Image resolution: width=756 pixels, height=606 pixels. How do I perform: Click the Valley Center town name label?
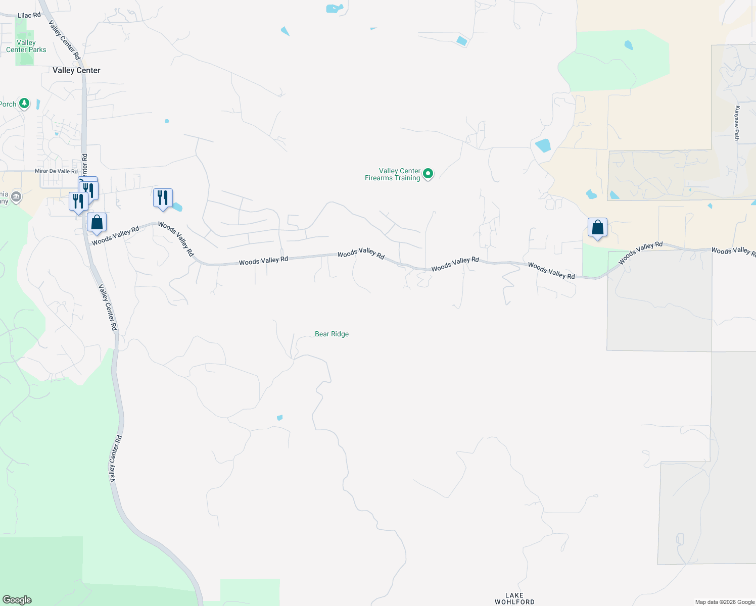coord(76,70)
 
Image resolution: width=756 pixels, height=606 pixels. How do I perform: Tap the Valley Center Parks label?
coord(26,46)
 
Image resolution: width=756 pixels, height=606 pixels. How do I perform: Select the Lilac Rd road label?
coord(29,15)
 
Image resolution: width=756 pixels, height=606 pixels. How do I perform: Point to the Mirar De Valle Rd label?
coord(56,171)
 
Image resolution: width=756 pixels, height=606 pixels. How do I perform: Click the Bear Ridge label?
coord(332,334)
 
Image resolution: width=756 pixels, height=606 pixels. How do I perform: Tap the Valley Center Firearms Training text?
coord(393,174)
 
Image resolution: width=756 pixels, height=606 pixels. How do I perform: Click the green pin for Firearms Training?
coord(428,174)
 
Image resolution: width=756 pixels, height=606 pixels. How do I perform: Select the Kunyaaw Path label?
coord(737,123)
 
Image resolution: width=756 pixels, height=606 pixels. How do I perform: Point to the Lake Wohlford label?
coord(514,598)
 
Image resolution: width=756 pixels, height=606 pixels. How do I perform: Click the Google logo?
coord(17,599)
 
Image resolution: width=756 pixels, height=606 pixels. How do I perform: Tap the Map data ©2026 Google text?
coord(725,602)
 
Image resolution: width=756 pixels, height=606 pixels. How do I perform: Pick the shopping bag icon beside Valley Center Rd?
coord(97,223)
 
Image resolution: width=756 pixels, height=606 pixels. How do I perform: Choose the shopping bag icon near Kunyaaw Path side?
coord(597,228)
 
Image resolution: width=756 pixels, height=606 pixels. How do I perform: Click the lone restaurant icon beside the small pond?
coord(163,198)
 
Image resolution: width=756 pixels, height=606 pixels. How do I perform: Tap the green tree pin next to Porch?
coord(24,104)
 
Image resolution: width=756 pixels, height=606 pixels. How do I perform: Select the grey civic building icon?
coord(16,196)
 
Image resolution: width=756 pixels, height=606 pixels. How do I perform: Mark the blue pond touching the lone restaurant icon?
coord(177,207)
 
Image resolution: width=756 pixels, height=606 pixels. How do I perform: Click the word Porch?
coord(8,104)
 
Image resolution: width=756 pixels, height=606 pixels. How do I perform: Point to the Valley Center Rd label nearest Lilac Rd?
coord(64,39)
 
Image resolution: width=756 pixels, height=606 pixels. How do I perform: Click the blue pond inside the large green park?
coord(629,45)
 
